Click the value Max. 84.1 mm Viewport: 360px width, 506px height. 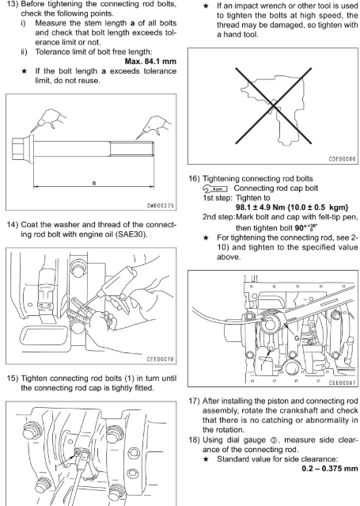coord(150,61)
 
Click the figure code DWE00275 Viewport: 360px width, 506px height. coord(161,206)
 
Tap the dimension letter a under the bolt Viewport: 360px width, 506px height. coord(94,183)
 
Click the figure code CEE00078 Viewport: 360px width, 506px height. coord(161,360)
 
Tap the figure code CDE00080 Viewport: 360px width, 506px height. coord(342,159)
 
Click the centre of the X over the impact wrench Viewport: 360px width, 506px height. coord(274,105)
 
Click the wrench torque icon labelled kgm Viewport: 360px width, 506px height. coord(215,188)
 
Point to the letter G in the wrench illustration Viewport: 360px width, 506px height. coord(297,338)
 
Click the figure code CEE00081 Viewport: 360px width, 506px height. coord(342,382)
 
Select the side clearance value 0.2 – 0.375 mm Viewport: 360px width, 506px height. coord(330,468)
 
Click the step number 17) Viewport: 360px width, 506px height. coord(194,401)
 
